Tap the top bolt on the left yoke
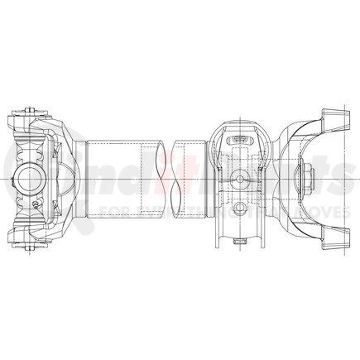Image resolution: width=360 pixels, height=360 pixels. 28,113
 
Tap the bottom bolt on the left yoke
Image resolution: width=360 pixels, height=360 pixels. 28,242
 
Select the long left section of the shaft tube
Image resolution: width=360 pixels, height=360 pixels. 113,177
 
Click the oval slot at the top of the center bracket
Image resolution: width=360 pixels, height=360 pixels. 238,138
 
